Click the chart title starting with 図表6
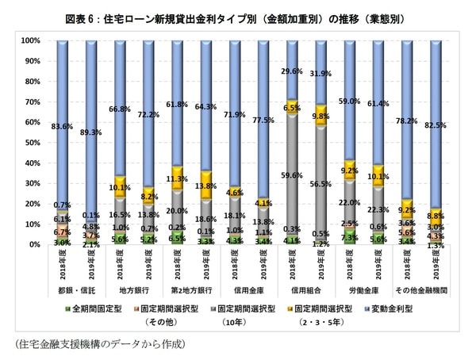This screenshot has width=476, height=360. [238, 12]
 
